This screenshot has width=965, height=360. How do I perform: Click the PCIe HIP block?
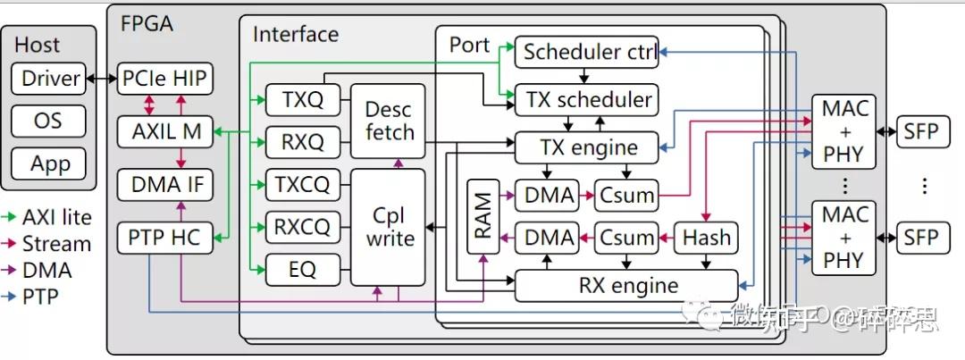(x=165, y=79)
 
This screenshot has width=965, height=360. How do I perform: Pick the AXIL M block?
(x=165, y=132)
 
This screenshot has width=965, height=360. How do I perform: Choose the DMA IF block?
(x=165, y=185)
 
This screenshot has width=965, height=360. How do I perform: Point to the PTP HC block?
(x=165, y=238)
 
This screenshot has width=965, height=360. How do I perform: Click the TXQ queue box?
(x=303, y=100)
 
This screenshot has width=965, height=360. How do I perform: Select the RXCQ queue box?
(x=303, y=226)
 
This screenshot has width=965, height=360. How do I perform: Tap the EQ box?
(x=303, y=269)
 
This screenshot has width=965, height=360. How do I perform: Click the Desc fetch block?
(x=390, y=121)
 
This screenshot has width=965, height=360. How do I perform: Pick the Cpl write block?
(x=390, y=227)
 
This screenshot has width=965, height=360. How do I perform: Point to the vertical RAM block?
(x=482, y=217)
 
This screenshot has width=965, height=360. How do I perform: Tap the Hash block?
(x=706, y=238)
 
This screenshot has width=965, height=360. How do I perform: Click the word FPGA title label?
(x=147, y=23)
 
